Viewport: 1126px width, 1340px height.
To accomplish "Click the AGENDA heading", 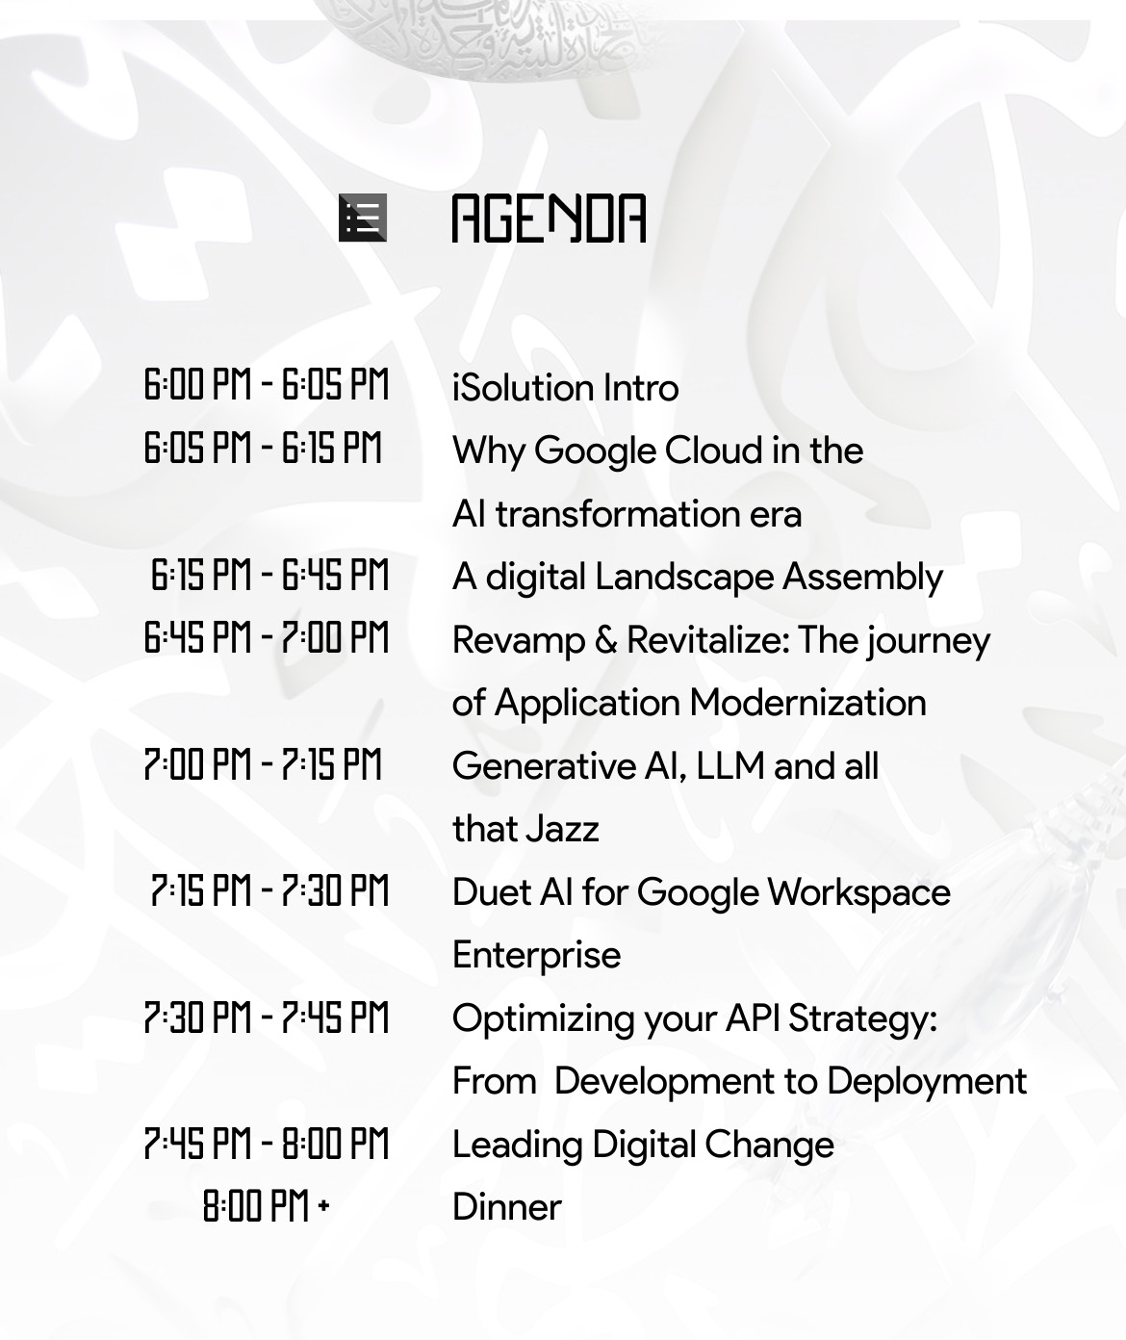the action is pyautogui.click(x=550, y=219).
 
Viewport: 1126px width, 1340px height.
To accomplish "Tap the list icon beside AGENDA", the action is pyautogui.click(x=363, y=218).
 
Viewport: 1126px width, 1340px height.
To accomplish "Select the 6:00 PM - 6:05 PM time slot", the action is pyautogui.click(x=267, y=384).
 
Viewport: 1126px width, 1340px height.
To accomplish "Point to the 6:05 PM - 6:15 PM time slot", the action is pyautogui.click(x=263, y=448).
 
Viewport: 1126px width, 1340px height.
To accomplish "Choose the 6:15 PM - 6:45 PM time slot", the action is pyautogui.click(x=269, y=575).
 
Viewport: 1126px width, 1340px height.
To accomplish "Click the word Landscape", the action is pyautogui.click(x=684, y=577).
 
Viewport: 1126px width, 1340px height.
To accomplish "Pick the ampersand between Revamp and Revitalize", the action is pyautogui.click(x=605, y=640).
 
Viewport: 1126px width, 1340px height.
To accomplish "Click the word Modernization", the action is pyautogui.click(x=807, y=703).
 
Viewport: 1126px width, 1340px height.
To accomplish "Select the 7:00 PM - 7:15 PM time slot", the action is pyautogui.click(x=263, y=764).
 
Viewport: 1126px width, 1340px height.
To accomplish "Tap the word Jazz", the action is pyautogui.click(x=562, y=829).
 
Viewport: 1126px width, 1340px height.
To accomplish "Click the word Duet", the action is pyautogui.click(x=492, y=892).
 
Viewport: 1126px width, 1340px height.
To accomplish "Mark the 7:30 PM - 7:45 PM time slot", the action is pyautogui.click(x=267, y=1018).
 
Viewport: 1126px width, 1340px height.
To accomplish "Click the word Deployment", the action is pyautogui.click(x=927, y=1081).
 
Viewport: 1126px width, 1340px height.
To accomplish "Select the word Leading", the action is pyautogui.click(x=517, y=1145).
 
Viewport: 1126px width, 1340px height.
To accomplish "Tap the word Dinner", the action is pyautogui.click(x=507, y=1207).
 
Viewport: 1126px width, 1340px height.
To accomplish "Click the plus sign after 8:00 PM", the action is pyautogui.click(x=324, y=1206).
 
